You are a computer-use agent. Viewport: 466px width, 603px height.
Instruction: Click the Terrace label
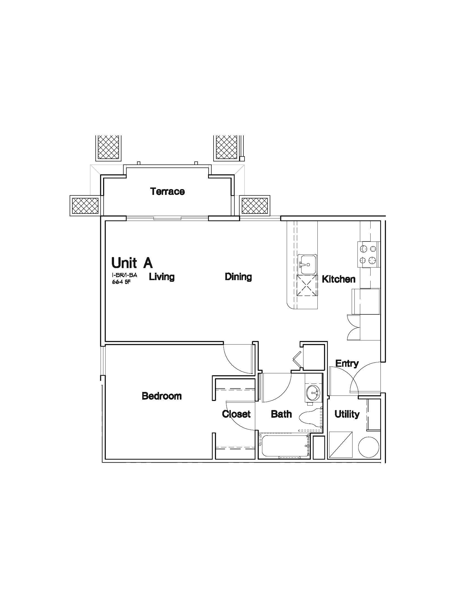coord(167,191)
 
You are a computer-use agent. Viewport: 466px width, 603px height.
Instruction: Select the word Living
coord(162,277)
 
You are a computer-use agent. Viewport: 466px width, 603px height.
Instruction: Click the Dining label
coord(238,277)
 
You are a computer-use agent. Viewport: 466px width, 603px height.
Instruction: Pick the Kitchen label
coord(339,279)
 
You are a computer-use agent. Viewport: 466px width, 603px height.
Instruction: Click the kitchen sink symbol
coord(308,264)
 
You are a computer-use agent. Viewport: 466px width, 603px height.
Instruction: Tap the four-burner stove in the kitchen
coord(369,254)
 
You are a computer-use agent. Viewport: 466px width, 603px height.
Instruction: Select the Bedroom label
coord(162,396)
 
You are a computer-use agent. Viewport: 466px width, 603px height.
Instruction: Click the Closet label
coord(236,414)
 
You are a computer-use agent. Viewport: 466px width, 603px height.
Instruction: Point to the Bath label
coord(281,414)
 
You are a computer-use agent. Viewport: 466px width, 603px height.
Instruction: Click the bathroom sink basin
coord(313,392)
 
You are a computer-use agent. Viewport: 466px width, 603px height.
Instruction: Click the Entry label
coord(347,364)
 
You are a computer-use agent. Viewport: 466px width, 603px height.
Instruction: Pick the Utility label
coord(347,414)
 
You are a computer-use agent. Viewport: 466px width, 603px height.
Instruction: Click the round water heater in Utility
coord(368,447)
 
